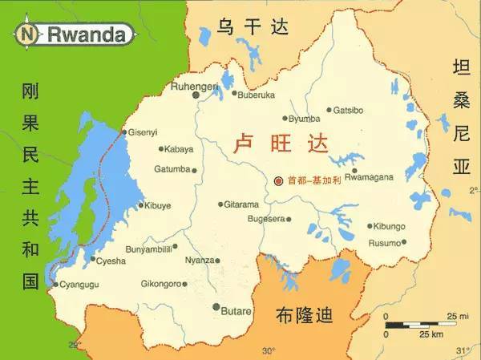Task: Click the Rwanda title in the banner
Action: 89,34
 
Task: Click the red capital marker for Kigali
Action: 278,181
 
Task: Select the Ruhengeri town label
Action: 193,85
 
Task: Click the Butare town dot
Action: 216,306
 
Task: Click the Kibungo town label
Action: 392,226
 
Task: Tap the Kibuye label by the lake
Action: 158,205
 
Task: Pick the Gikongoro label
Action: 164,283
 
